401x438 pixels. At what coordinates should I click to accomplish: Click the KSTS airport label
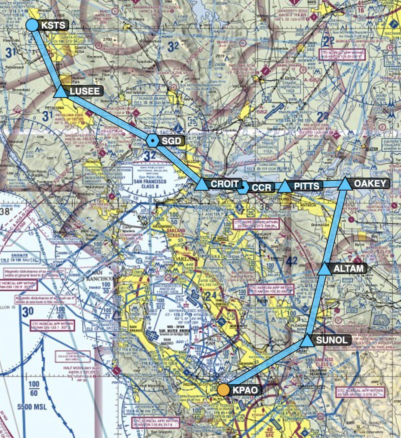click(x=53, y=25)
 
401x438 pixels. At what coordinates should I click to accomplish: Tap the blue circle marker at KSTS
click(x=32, y=25)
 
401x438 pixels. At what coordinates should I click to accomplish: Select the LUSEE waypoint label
click(x=84, y=91)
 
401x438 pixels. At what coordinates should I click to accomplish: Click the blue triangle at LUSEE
click(x=61, y=92)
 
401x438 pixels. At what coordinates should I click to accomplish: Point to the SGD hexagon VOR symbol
click(x=152, y=141)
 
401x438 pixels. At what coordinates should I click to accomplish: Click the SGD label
click(x=171, y=141)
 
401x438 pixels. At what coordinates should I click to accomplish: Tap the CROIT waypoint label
click(x=225, y=184)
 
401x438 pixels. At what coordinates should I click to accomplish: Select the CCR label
click(x=261, y=187)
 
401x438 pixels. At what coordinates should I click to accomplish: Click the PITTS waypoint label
click(x=306, y=186)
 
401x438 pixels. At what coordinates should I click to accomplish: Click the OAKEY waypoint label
click(x=370, y=183)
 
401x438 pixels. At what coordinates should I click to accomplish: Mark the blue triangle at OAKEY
click(x=345, y=184)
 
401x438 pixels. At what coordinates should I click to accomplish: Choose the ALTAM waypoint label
click(x=348, y=269)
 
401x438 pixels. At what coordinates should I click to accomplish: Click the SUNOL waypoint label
click(x=332, y=340)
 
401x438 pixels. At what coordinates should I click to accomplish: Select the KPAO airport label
click(x=245, y=390)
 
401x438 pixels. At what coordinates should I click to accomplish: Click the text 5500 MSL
click(x=32, y=407)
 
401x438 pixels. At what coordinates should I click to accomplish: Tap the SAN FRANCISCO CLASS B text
click(x=150, y=184)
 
